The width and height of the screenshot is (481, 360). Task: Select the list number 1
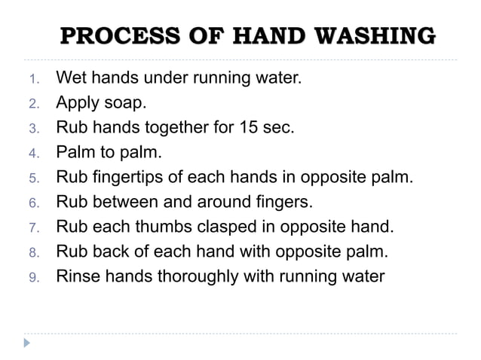(x=33, y=78)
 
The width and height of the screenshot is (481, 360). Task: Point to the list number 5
(x=33, y=179)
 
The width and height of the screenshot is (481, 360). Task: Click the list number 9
(x=33, y=277)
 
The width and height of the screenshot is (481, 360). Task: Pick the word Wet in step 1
(x=72, y=77)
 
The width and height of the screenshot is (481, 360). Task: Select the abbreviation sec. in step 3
(x=279, y=127)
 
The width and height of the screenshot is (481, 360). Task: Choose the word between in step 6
(x=119, y=202)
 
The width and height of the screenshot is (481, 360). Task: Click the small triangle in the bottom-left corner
(x=27, y=343)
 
